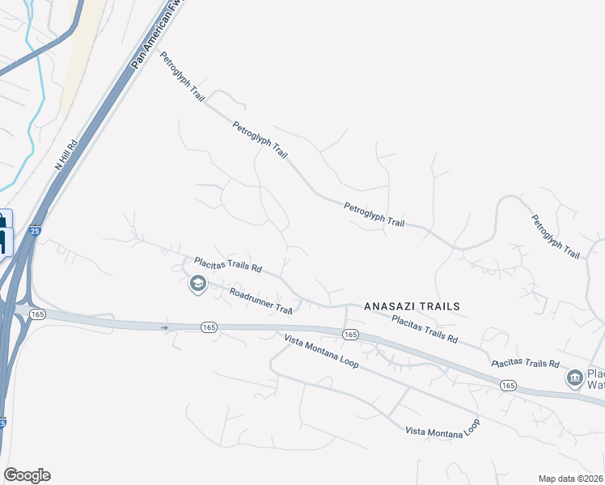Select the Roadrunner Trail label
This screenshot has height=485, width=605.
coord(260,301)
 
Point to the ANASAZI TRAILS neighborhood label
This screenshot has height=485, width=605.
coord(412,306)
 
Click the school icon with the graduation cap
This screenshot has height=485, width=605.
coord(197,284)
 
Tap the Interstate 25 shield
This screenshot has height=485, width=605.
coord(34,231)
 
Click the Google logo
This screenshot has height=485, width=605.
coord(27,475)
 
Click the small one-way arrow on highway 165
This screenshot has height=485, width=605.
coord(165,327)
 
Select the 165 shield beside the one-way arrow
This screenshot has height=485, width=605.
coord(209,327)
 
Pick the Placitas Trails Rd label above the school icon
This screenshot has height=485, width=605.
coord(228,264)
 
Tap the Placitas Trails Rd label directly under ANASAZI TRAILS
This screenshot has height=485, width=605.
coord(425,329)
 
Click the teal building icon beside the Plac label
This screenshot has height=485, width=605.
coord(575,377)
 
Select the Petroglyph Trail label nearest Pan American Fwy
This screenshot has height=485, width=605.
coord(183,77)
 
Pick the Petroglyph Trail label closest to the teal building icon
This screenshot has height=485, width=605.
coord(556,237)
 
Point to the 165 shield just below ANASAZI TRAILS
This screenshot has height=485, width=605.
coord(349,334)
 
